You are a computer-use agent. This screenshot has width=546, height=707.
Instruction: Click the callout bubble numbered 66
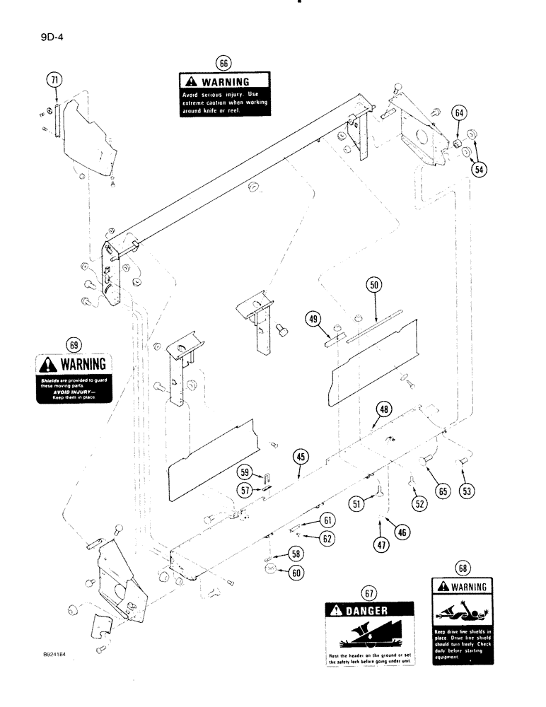pos(223,63)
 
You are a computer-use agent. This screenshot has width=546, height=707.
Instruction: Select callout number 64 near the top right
pos(459,113)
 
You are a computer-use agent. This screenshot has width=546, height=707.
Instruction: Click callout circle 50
pos(374,286)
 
